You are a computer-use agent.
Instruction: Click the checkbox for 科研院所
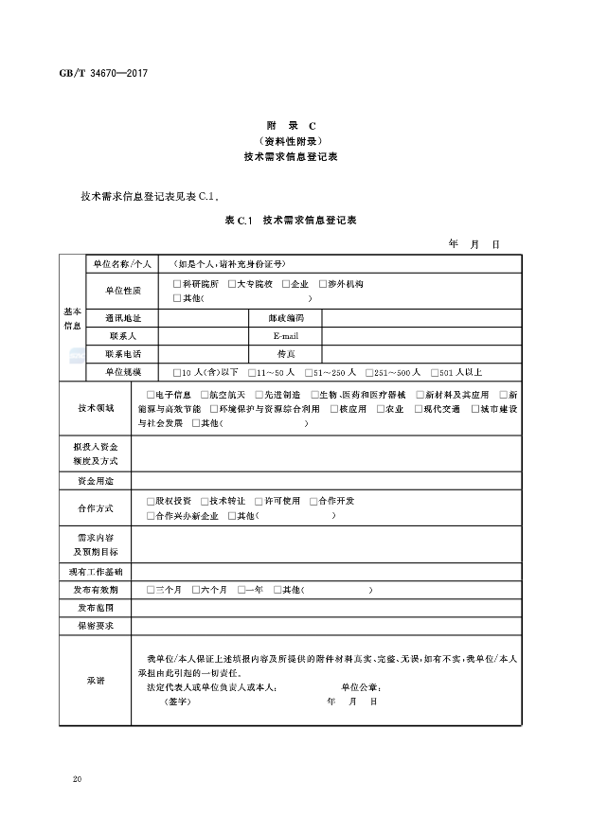click(x=176, y=284)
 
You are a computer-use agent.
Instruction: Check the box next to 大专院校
click(x=230, y=284)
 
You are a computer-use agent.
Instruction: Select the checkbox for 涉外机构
click(x=322, y=284)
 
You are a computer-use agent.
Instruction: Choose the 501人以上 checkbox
click(x=435, y=372)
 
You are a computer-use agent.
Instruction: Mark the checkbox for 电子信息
click(x=151, y=395)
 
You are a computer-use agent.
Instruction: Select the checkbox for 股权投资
click(x=151, y=501)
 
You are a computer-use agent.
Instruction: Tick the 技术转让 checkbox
click(x=205, y=501)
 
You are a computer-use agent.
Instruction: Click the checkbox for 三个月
click(x=151, y=590)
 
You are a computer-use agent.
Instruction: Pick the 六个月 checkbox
click(x=196, y=590)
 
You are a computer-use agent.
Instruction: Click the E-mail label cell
click(x=285, y=336)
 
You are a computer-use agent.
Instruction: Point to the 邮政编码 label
click(x=285, y=318)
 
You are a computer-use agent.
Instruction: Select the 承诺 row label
click(x=96, y=681)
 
